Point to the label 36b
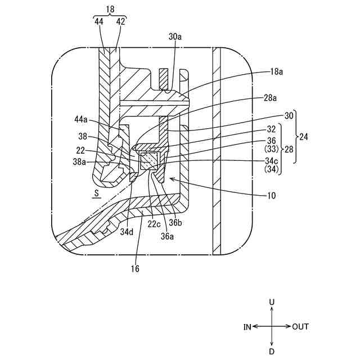click(175, 223)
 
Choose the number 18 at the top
click(109, 10)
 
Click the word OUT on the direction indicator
click(300, 327)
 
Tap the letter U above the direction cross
click(272, 302)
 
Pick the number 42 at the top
click(120, 21)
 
